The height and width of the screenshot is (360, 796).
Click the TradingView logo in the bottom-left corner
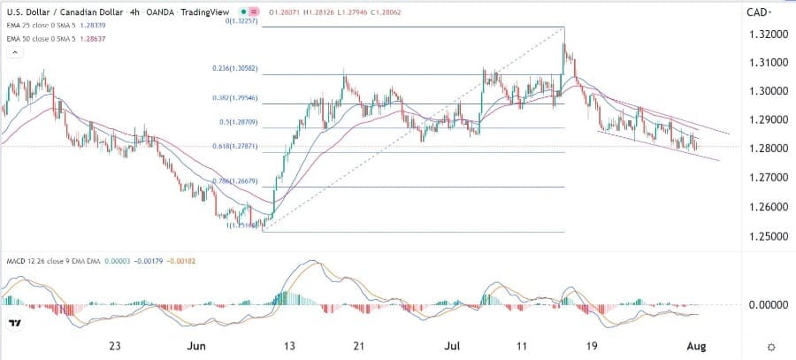tap(15, 324)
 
